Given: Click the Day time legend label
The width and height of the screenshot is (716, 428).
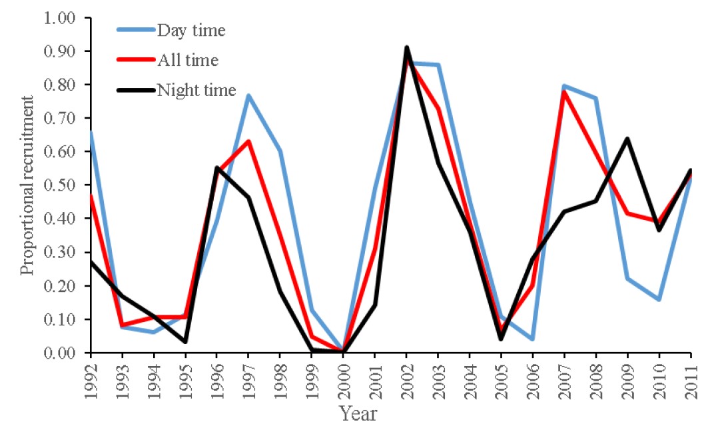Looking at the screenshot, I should pos(191,30).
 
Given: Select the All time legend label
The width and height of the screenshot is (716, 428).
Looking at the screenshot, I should pos(187,61).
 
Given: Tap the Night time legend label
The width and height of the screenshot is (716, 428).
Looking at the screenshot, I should pos(196,91).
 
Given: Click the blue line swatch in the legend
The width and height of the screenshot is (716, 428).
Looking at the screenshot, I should pos(136,30).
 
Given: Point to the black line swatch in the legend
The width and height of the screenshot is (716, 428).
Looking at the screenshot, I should pos(136,91).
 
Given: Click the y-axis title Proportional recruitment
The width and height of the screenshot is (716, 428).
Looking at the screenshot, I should pos(27,185).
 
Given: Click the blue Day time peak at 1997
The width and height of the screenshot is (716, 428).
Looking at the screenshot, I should pos(248,95).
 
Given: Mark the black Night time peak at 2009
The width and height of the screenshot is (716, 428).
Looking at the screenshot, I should pos(627,139).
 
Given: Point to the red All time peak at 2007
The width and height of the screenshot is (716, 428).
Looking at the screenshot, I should pos(564,91).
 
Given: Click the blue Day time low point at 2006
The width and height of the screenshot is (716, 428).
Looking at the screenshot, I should pos(533,339).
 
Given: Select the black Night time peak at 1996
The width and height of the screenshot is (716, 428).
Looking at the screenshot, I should pos(217,167).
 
